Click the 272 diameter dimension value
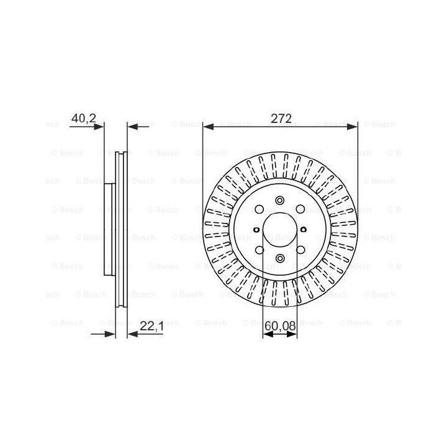(x=281, y=119)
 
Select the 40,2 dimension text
(x=84, y=118)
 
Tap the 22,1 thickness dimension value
(x=151, y=326)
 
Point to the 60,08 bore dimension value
(x=280, y=326)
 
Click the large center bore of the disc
(x=279, y=230)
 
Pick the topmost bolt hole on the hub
(x=280, y=200)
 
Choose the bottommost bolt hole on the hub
(x=280, y=258)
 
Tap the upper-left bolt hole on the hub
(x=259, y=210)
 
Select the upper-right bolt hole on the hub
(x=300, y=209)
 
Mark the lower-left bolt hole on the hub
(x=260, y=250)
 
